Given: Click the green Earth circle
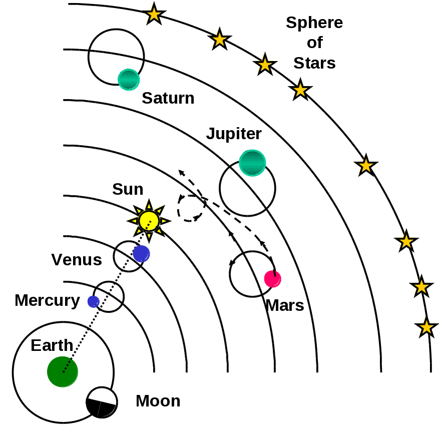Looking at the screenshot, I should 63,372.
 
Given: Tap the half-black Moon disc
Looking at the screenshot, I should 102,402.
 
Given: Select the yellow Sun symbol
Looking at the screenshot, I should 149,220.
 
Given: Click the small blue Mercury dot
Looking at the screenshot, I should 93,301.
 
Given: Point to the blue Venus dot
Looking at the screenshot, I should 141,253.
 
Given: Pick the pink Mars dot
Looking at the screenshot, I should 273,279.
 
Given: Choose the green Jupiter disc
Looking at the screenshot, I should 252,163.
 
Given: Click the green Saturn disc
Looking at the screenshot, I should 129,79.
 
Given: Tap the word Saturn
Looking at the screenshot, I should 168,98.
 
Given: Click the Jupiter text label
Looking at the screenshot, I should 234,134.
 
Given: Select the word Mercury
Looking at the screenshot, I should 47,300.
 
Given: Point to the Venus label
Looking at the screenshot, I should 77,260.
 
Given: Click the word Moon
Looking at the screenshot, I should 158,401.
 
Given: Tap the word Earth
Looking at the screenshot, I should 52,345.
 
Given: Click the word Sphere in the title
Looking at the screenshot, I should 314,23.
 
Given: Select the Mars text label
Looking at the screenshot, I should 285,305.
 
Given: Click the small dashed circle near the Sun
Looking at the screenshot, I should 191,208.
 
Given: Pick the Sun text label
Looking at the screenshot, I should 128,189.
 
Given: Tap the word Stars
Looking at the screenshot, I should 314,63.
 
